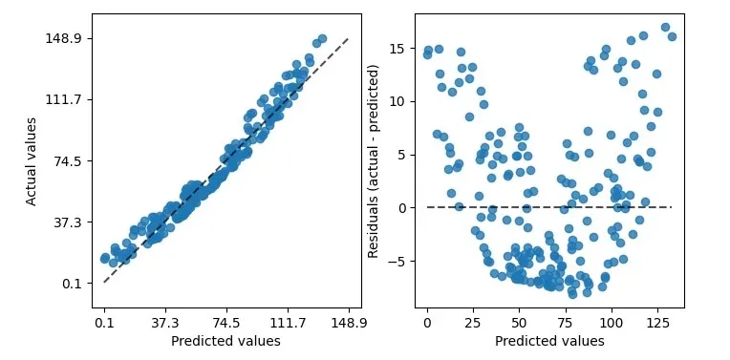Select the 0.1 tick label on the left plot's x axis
(104, 323)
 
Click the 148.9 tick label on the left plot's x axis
(349, 323)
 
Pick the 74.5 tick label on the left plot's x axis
(226, 323)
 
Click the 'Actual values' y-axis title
(32, 160)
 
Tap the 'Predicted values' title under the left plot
(225, 341)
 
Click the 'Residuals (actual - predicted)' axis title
(375, 160)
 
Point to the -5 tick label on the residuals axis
(401, 261)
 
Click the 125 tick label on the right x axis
(657, 323)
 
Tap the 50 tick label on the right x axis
(519, 323)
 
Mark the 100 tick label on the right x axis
(612, 323)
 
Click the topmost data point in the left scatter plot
(322, 39)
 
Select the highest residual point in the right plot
(665, 28)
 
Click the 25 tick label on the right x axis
(473, 323)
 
